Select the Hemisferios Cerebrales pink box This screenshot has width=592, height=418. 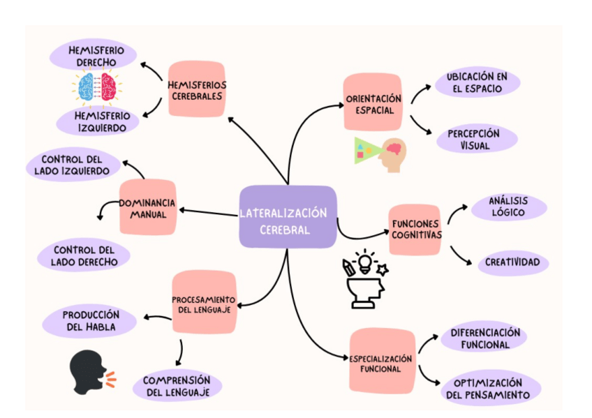click(197, 90)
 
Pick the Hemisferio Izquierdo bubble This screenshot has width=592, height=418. click(102, 121)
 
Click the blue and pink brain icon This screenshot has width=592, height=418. click(97, 89)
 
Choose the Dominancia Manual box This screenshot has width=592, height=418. click(147, 207)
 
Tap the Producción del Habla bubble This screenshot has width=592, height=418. click(90, 321)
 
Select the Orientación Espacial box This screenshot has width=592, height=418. click(373, 105)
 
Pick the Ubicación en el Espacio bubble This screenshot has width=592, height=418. click(478, 82)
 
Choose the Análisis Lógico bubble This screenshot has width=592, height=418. click(508, 207)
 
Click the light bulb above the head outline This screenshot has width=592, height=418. click(364, 262)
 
